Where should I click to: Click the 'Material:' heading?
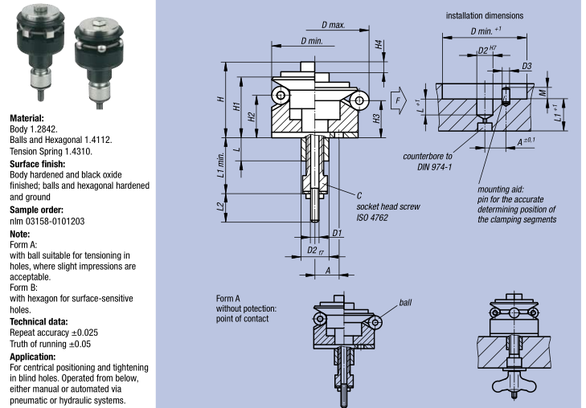27,118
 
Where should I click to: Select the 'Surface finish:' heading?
37,164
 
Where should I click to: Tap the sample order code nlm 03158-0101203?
47,222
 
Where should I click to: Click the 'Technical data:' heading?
39,322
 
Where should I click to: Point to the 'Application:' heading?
32,357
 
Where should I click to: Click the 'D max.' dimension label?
334,25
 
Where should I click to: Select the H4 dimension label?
379,45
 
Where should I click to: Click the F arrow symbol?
399,100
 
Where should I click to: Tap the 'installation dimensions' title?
485,16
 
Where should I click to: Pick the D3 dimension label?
527,66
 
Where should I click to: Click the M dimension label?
543,92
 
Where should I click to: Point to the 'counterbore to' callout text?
428,157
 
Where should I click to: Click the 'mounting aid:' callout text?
501,190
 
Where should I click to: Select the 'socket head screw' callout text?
388,206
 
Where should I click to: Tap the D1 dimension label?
337,233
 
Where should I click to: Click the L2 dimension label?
221,206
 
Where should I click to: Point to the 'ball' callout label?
405,302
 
